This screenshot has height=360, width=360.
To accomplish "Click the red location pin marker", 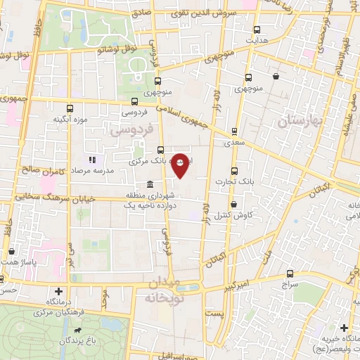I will click(180, 165).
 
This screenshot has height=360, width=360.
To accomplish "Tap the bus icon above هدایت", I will click(256, 30).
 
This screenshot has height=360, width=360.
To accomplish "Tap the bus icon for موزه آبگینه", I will click(70, 108).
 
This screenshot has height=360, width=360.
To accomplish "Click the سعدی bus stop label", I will click(234, 143).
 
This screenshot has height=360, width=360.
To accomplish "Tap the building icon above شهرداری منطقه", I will click(149, 184).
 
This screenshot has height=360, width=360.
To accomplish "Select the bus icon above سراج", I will click(290, 274).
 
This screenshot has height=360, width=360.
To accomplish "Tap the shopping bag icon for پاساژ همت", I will click(12, 251).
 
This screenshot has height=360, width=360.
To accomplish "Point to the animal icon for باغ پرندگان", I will click(84, 329).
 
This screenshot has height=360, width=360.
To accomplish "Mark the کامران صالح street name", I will click(44, 169).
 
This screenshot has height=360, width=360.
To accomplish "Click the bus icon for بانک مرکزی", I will click(161, 150).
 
